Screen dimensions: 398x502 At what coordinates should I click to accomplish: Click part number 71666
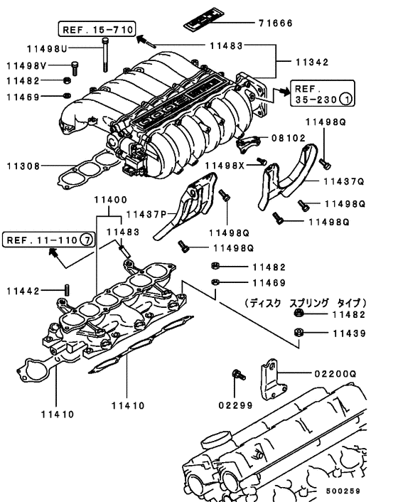click(x=276, y=23)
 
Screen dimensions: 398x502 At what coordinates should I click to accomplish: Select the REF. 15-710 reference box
click(x=97, y=29)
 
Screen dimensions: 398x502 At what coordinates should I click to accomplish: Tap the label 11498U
click(x=47, y=48)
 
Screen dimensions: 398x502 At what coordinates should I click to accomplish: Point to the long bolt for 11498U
click(x=105, y=55)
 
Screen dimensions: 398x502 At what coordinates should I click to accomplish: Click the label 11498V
click(x=26, y=65)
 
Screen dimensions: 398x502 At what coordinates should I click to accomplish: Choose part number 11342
click(x=312, y=62)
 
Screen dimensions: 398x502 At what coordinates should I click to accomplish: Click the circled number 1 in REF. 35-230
click(x=345, y=100)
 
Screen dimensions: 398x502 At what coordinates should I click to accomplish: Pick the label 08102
click(x=289, y=138)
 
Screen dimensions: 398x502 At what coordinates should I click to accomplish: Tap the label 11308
click(x=23, y=166)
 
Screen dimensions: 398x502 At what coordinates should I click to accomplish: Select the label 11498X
click(x=225, y=165)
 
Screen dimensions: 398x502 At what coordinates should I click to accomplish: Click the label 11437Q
click(x=344, y=181)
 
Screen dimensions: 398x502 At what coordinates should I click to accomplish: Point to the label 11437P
click(x=146, y=214)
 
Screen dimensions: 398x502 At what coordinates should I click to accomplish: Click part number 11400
click(x=111, y=200)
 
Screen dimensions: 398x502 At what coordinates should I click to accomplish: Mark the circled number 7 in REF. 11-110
click(x=87, y=240)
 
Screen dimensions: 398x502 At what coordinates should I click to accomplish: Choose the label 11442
click(x=23, y=291)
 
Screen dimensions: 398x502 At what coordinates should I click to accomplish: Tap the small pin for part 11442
click(x=68, y=289)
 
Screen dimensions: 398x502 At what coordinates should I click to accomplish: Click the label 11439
click(x=349, y=333)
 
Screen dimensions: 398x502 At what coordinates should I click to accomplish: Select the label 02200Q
click(x=335, y=373)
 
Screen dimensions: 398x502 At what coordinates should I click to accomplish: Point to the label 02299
click(x=235, y=405)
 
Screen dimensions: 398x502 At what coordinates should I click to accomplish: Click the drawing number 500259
click(x=343, y=491)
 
